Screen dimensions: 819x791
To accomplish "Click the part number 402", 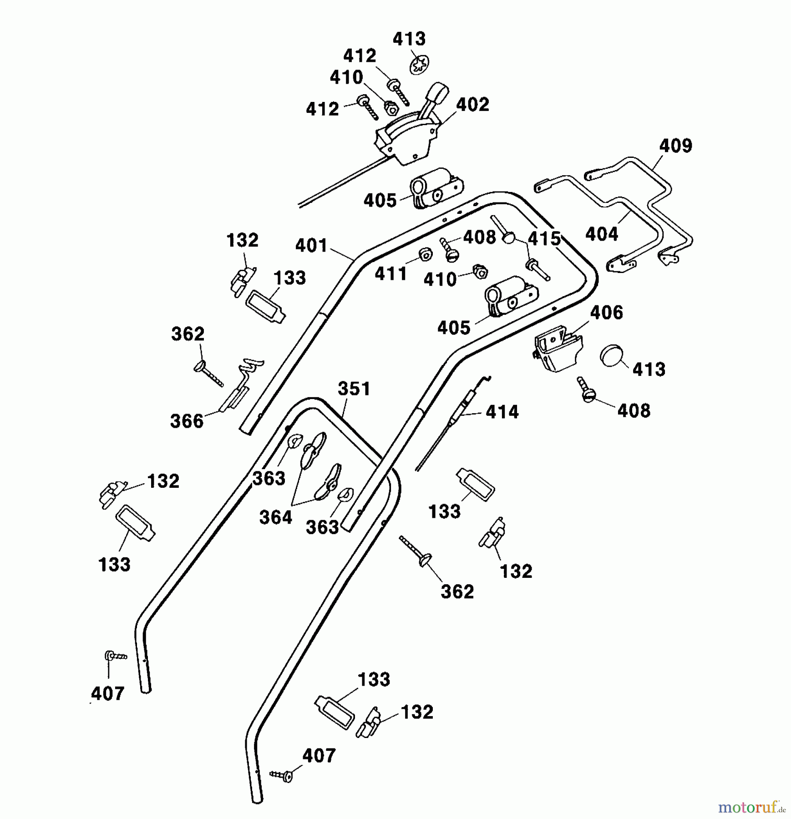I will (472, 105).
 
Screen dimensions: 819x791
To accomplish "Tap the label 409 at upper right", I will (675, 146).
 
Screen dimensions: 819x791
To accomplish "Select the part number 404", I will (602, 234).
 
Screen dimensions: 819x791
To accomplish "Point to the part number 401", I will (311, 245).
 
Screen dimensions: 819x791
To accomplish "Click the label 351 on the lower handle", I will (354, 389).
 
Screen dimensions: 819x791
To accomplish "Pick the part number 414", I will (502, 412).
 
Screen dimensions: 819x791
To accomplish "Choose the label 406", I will (606, 313).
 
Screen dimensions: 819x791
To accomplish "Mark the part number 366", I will (187, 421).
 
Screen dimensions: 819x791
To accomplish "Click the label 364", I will (275, 517).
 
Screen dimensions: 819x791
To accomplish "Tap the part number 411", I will (391, 274).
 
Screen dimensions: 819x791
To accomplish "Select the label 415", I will (544, 238).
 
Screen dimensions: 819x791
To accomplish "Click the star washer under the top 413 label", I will (420, 66).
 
